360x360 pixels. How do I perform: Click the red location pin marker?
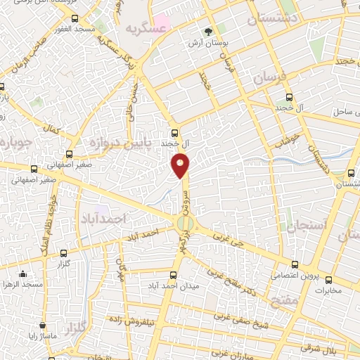tap(180, 165)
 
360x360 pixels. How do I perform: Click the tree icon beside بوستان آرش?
tap(208, 32)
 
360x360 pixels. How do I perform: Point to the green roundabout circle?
tap(184, 224)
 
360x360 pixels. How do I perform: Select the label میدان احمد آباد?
tap(174, 286)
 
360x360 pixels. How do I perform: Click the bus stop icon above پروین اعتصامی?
tap(295, 265)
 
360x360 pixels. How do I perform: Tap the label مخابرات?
tap(327, 290)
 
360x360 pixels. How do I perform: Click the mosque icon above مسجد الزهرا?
tap(23, 274)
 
